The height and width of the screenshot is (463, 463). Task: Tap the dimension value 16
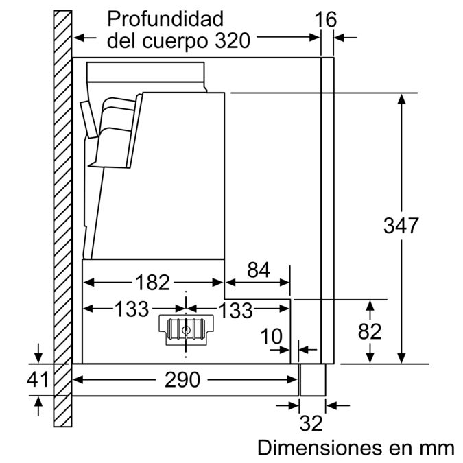[327, 19]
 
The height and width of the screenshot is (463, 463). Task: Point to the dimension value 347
[401, 225]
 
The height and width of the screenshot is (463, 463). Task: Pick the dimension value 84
[258, 270]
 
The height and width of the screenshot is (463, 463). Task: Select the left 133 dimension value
[132, 309]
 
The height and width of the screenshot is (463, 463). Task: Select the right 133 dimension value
[237, 310]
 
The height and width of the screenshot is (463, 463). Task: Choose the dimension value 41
[38, 379]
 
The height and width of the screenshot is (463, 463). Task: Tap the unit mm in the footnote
[437, 448]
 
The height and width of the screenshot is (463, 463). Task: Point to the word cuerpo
[171, 40]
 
